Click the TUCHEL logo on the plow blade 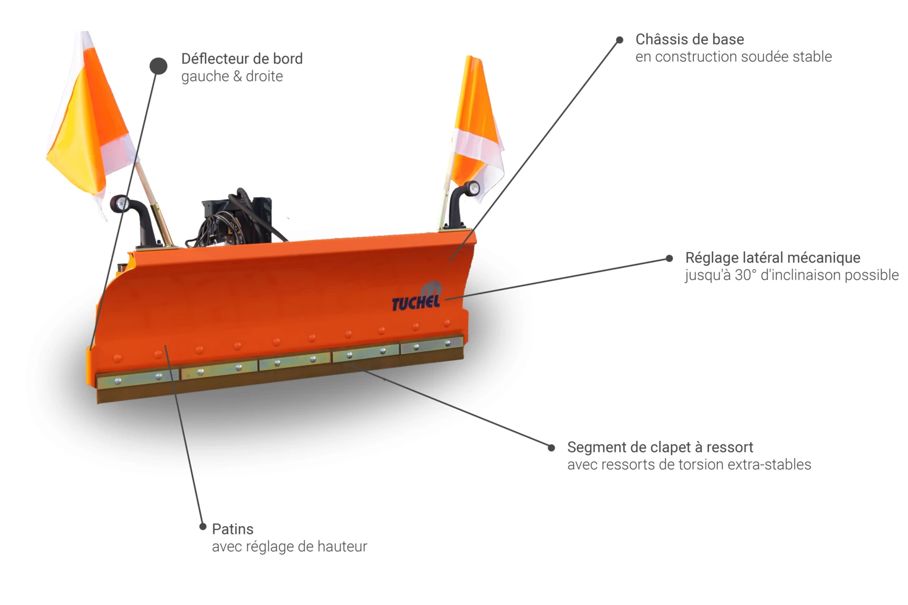pos(417,300)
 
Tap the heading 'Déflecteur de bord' pos(242,59)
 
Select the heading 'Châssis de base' pos(689,39)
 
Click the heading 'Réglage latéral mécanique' pos(773,257)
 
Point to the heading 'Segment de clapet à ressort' pos(660,447)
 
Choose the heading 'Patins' pos(232,529)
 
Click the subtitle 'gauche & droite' pos(232,76)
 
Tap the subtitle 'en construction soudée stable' pos(733,56)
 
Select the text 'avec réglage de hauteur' pos(289,546)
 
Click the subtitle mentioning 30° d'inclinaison pos(792,275)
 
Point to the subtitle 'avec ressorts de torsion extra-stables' pos(689,464)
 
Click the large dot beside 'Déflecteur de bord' pos(159,66)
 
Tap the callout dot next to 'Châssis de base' pos(619,40)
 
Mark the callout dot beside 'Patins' pos(203,527)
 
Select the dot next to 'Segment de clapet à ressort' pos(551,448)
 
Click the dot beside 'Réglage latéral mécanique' pos(669,259)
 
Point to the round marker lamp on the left pos(121,204)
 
